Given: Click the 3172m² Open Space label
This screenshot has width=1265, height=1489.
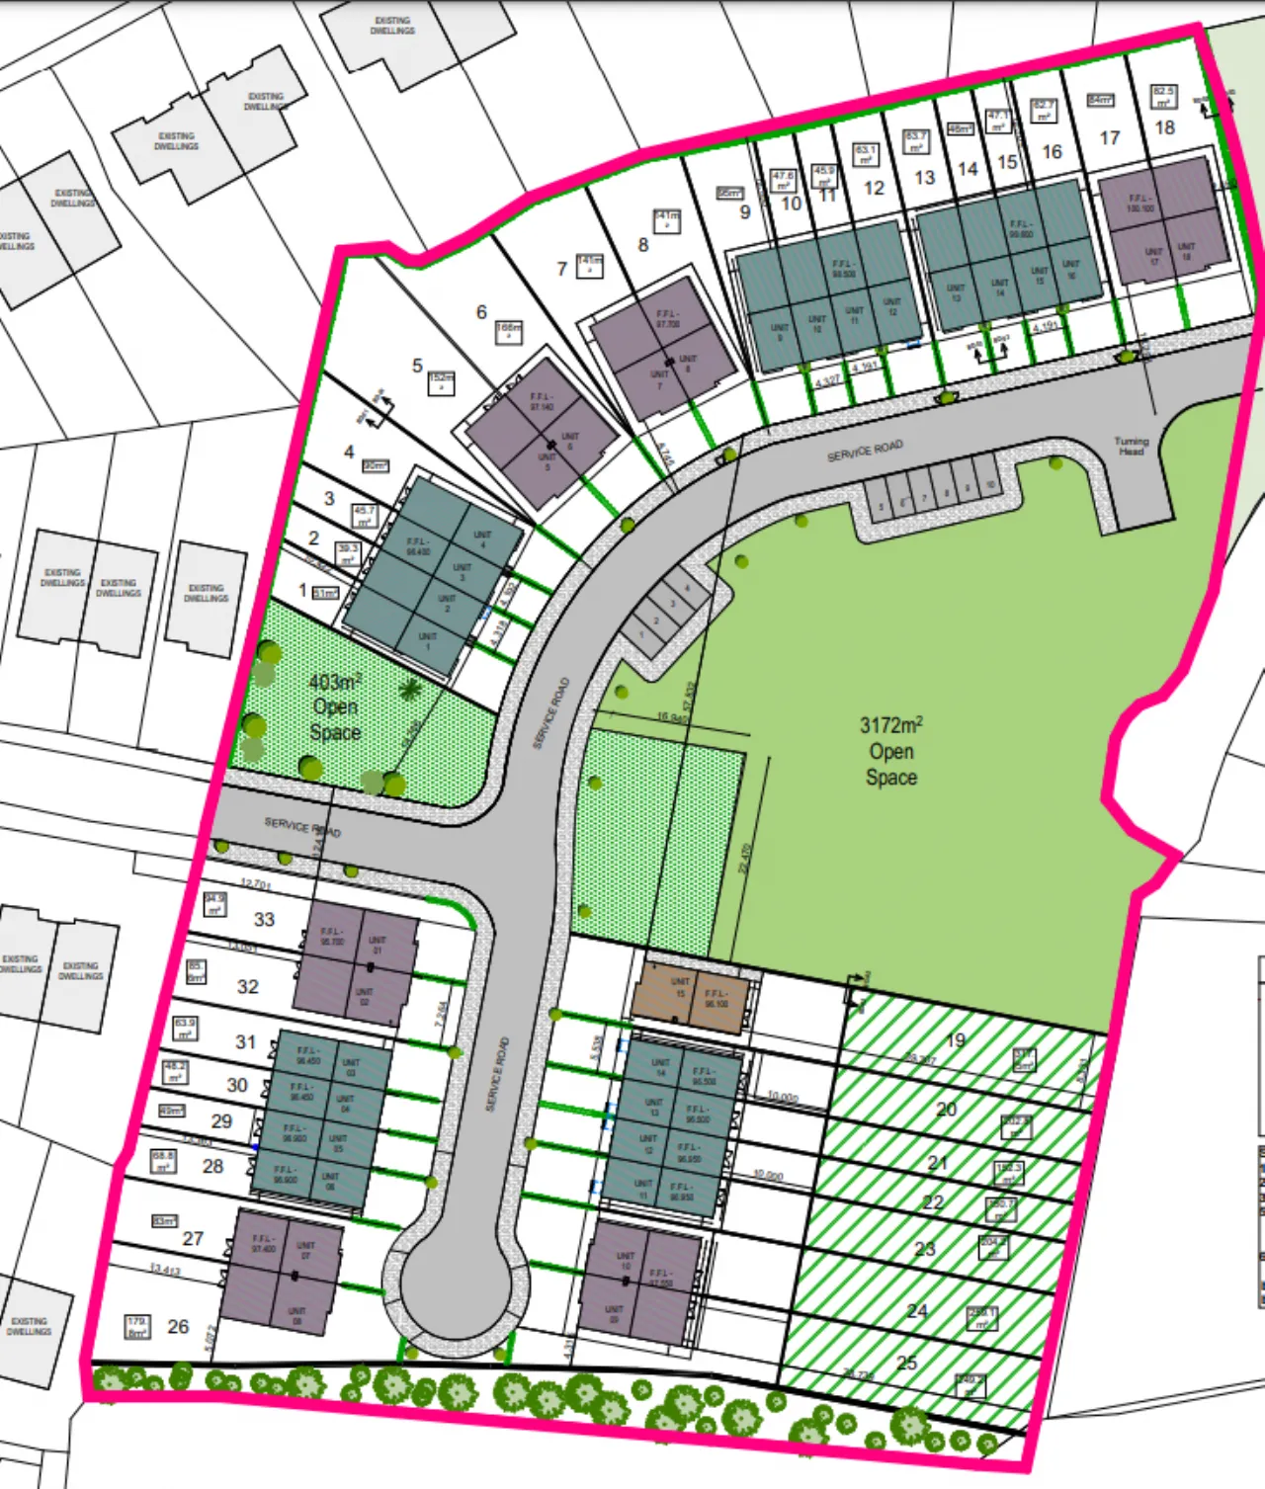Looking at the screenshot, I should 890,751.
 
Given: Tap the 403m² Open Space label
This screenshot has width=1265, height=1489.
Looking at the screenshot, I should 334,707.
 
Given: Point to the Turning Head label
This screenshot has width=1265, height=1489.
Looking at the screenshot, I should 1132,446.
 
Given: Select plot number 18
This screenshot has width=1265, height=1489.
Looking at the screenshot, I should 1165,127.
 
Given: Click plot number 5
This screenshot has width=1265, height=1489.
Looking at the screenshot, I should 417,367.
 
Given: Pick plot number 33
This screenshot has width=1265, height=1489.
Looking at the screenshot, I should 264,919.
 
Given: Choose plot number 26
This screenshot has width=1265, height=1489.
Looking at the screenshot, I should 178,1326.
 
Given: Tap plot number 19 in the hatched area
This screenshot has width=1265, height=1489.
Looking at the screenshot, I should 955,1039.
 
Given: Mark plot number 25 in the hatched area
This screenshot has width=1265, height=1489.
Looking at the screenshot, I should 906,1363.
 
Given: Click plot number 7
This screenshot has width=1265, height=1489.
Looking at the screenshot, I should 561,269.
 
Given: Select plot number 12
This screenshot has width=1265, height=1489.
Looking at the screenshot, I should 874,188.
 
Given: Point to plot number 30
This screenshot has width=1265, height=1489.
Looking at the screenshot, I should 237,1085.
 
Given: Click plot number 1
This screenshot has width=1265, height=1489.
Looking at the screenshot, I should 302,590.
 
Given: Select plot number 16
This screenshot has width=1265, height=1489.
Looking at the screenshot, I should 1052,151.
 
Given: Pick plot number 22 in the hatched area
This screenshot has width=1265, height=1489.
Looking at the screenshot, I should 932,1202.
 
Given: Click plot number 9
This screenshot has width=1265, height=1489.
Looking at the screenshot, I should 744,211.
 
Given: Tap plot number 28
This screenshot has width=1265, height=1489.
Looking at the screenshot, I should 212,1166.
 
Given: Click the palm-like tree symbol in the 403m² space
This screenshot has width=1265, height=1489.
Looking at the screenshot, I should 411,690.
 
